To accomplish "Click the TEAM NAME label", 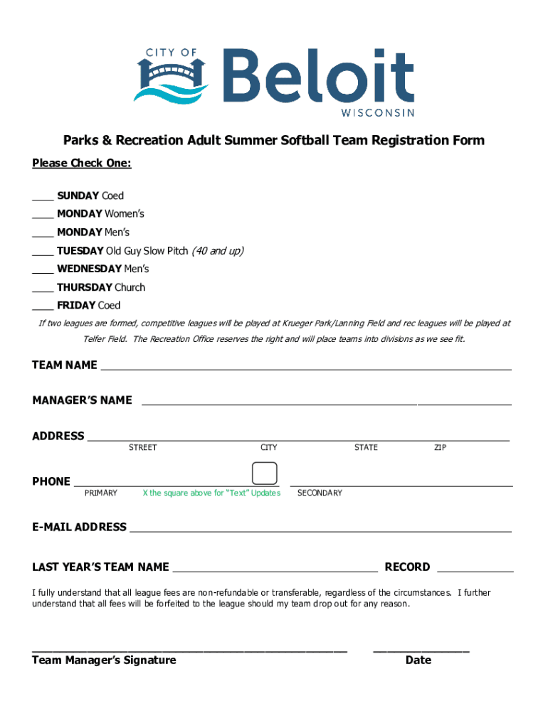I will tap(65, 365).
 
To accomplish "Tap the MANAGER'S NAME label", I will tap(82, 400).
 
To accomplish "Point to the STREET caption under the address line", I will tap(142, 447).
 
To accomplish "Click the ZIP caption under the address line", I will tap(441, 447).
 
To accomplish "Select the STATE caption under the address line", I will tap(366, 447).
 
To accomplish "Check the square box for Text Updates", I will tap(265, 474).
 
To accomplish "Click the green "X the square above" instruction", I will tap(211, 493).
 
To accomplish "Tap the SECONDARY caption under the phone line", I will tap(320, 493).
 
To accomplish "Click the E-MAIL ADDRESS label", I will tap(79, 528).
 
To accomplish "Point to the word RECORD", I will tap(407, 567).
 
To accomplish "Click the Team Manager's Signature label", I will tap(104, 660).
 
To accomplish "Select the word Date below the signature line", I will tap(418, 660).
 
